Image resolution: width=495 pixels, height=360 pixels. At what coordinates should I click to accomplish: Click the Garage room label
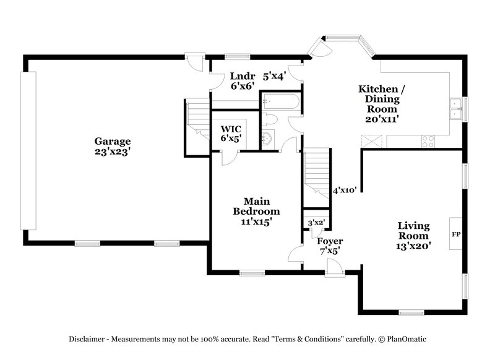click(x=112, y=140)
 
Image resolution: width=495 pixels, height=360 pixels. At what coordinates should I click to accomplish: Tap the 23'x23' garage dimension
click(x=112, y=150)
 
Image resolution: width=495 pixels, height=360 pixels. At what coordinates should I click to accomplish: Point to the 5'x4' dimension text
click(x=275, y=77)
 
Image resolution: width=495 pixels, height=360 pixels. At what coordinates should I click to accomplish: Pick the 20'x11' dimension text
click(x=381, y=118)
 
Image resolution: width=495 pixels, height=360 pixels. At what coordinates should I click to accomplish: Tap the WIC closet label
click(x=231, y=129)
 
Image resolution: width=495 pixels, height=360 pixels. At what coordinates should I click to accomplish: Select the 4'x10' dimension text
click(x=344, y=191)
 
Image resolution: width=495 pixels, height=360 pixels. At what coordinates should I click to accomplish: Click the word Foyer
click(x=330, y=241)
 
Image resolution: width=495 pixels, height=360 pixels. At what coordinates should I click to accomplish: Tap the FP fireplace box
click(x=456, y=234)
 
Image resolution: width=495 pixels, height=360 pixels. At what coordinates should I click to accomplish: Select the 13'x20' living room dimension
click(x=413, y=246)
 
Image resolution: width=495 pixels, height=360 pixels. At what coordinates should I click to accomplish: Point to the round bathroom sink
click(x=267, y=139)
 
